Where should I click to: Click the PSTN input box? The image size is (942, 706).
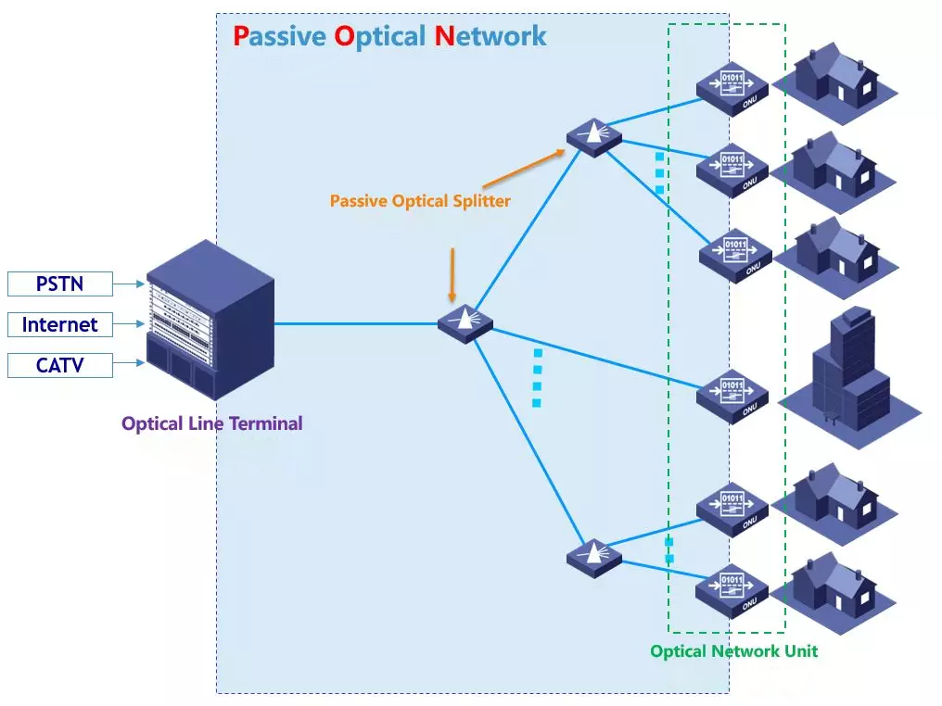[x=59, y=284]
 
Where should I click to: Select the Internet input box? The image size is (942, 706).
[x=59, y=324]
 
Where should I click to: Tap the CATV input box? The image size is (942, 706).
[x=59, y=365]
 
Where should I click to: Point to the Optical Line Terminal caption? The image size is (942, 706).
[x=211, y=423]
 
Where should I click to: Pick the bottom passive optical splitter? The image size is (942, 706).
[x=593, y=556]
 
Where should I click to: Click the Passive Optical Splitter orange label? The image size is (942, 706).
[x=420, y=200]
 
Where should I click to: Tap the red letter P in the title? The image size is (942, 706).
[x=241, y=36]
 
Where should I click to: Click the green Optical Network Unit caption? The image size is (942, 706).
[x=733, y=651]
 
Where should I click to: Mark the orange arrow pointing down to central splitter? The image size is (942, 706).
[x=452, y=274]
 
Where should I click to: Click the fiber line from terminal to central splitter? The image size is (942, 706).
[x=357, y=324]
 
